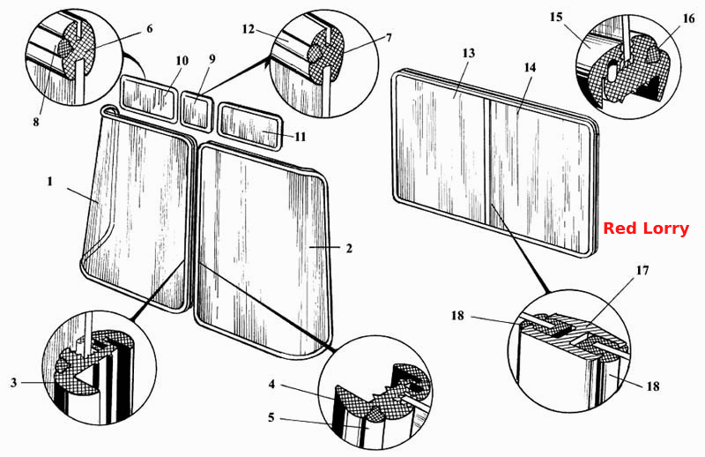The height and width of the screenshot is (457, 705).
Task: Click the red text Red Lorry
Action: coord(646,228)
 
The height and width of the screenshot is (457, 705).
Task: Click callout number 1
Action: coord(50,182)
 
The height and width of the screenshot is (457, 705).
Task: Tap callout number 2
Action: coord(349,248)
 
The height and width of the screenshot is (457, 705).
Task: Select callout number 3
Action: coord(14,383)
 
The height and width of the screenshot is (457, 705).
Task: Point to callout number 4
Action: coord(271,385)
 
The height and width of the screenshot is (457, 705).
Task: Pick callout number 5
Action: coord(271,417)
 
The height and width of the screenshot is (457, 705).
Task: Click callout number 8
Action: coord(36,122)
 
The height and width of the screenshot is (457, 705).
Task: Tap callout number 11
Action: coord(300,137)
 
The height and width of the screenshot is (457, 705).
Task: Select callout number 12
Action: coord(249,29)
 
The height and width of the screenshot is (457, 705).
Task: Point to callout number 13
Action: coord(469,53)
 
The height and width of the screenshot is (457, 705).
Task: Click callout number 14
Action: coord(531,67)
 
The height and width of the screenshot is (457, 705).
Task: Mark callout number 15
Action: coord(556,17)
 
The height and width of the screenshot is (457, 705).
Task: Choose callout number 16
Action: coord(688,19)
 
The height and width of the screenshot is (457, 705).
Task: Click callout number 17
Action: coord(642,271)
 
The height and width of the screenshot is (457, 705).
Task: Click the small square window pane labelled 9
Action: coord(196,111)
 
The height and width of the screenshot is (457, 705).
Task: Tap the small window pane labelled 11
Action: coord(250,126)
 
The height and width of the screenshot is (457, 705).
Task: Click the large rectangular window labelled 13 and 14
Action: coord(494,163)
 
